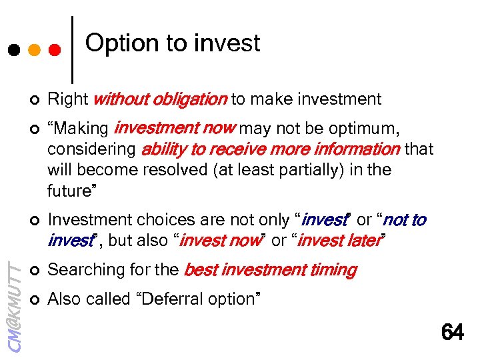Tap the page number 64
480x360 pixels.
452,331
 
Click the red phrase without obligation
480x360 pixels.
160,100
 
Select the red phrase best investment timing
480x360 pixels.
270,270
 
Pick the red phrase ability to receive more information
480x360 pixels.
270,149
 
